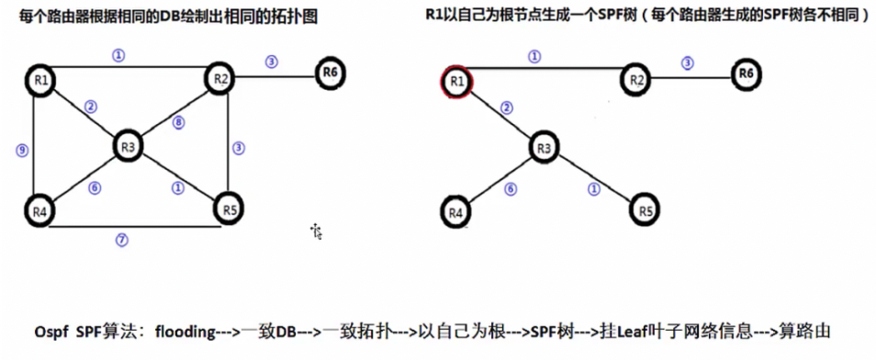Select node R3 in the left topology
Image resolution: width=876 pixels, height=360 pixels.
pyautogui.click(x=129, y=145)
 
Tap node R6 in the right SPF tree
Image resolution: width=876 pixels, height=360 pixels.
pyautogui.click(x=747, y=73)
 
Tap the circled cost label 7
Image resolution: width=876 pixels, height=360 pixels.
pyautogui.click(x=120, y=241)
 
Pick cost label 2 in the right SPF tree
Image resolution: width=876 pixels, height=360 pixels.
pyautogui.click(x=505, y=108)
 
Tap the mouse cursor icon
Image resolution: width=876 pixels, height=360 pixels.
pyautogui.click(x=317, y=231)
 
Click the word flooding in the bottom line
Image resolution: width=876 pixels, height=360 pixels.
pyautogui.click(x=186, y=332)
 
